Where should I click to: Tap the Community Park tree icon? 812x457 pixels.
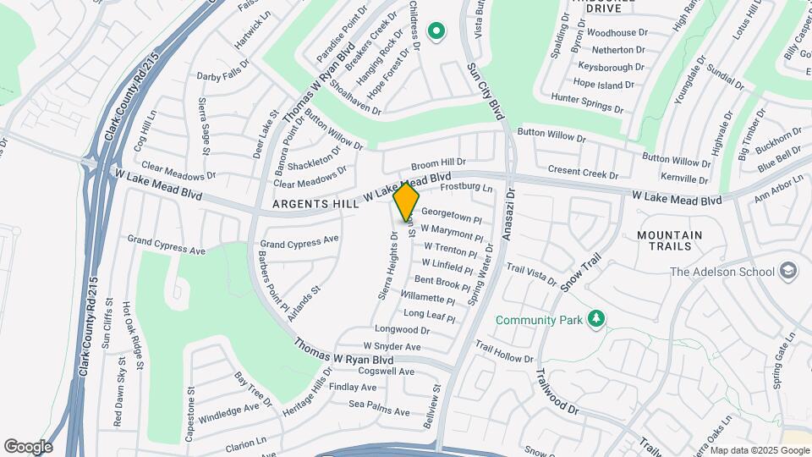click(x=597, y=318)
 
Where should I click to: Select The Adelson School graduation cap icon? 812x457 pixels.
click(x=789, y=271)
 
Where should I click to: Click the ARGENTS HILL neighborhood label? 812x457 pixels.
click(x=315, y=205)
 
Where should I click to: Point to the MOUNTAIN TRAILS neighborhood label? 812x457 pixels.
click(x=669, y=240)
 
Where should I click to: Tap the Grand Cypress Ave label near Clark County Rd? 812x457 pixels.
click(x=167, y=245)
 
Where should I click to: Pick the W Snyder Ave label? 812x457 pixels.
click(x=392, y=346)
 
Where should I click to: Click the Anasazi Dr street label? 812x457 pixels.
click(x=508, y=221)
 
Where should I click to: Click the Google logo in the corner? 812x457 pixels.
click(x=28, y=446)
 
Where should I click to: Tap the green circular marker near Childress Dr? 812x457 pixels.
click(x=436, y=32)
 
